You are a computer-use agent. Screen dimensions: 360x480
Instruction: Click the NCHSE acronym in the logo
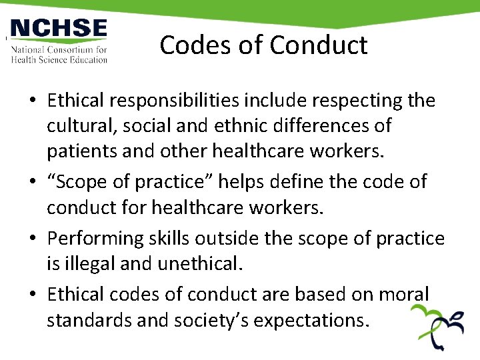tap(59, 30)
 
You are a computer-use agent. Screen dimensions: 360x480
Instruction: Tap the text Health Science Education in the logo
tap(59, 59)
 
